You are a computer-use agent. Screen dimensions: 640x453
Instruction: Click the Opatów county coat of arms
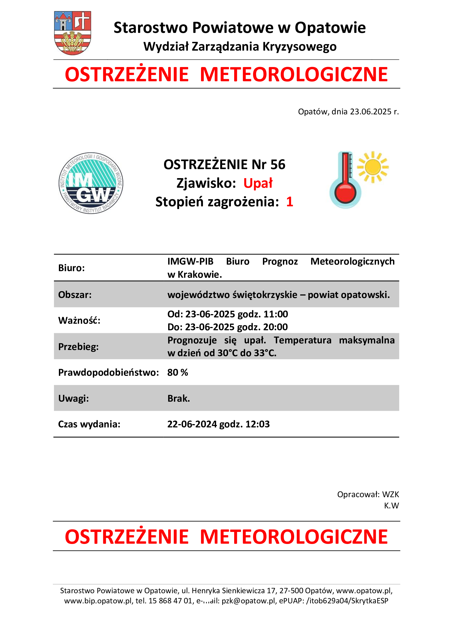73,33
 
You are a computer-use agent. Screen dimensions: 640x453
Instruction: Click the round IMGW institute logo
91,183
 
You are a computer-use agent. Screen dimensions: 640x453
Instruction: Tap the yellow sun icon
373,167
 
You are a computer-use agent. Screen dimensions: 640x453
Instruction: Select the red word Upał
258,183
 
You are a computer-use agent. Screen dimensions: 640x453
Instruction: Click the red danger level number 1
289,202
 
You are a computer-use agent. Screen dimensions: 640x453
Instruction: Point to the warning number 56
278,164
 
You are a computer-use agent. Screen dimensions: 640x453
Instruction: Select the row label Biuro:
71,268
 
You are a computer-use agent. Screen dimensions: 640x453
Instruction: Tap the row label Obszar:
75,295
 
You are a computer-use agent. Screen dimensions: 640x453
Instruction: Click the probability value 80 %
178,372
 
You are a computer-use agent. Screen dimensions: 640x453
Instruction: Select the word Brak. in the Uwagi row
179,398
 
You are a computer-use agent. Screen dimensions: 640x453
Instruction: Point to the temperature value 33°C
265,353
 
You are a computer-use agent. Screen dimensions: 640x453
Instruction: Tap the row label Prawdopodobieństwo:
108,372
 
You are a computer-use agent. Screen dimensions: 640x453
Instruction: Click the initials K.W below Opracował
391,505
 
